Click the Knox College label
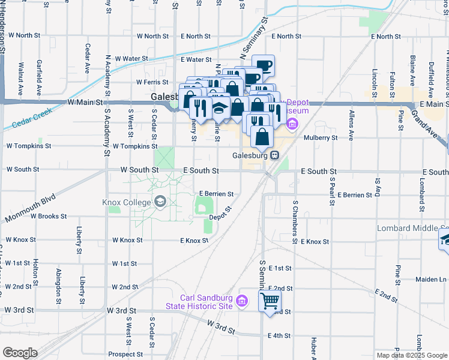tap(127, 202)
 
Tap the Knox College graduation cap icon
tap(160, 202)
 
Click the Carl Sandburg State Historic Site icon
tap(243, 301)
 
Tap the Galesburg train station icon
tap(274, 155)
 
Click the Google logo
tap(19, 353)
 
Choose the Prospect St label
tap(125, 354)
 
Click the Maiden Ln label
tap(434, 279)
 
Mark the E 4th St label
tap(280, 335)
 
